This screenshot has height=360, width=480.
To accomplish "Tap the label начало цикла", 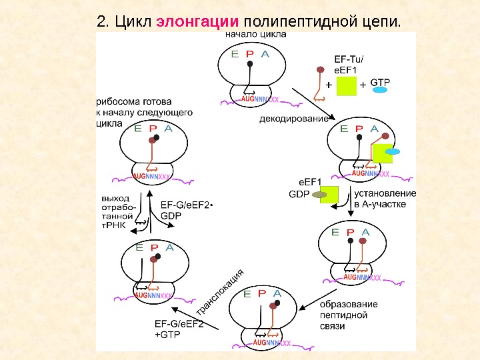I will click(257, 33).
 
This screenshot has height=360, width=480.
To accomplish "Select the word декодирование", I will click(293, 119).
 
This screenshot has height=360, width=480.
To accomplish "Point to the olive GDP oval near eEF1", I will click(319, 195).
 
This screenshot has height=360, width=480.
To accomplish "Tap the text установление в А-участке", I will click(385, 199).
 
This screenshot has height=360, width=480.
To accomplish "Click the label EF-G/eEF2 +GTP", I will click(175, 329).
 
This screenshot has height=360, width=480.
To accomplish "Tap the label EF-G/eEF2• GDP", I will click(187, 211).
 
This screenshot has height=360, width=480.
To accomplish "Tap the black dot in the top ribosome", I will click(250, 64).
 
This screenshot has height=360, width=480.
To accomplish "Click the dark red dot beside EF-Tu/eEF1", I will click(320, 69).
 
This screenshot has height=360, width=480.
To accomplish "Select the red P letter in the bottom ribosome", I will click(261, 293).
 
